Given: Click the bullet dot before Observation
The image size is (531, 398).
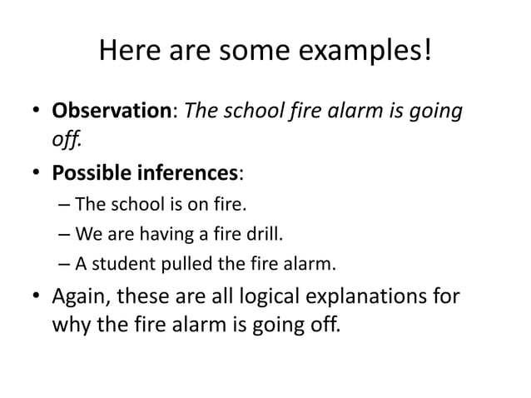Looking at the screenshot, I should coord(37,112).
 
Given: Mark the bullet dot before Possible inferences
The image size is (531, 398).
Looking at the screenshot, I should coord(37,173).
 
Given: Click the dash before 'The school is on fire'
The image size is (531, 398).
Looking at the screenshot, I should coord(66,204).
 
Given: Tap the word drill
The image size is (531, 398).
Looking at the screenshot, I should coord(266,234).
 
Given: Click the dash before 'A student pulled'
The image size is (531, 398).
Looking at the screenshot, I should coord(66,266).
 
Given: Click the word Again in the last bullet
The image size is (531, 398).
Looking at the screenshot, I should coord(82,297).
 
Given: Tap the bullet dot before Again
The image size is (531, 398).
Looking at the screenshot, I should coord(37,297).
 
